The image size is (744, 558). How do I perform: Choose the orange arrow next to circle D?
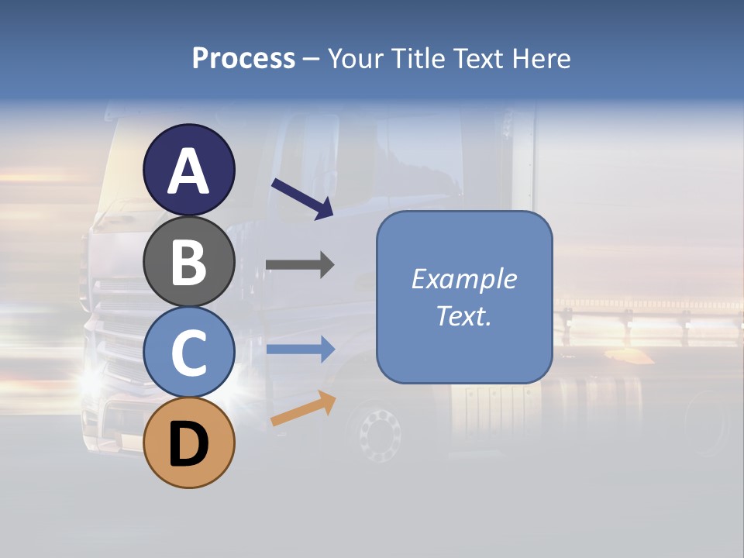tap(303, 408)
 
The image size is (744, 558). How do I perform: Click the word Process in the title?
tap(243, 58)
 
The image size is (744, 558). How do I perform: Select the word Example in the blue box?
tap(464, 279)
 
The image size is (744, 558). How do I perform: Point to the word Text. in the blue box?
tap(464, 316)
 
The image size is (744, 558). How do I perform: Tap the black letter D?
tap(188, 445)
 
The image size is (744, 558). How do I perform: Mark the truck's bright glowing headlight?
tap(91, 380)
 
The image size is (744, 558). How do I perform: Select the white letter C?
tap(188, 353)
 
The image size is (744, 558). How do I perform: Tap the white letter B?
tap(188, 263)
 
